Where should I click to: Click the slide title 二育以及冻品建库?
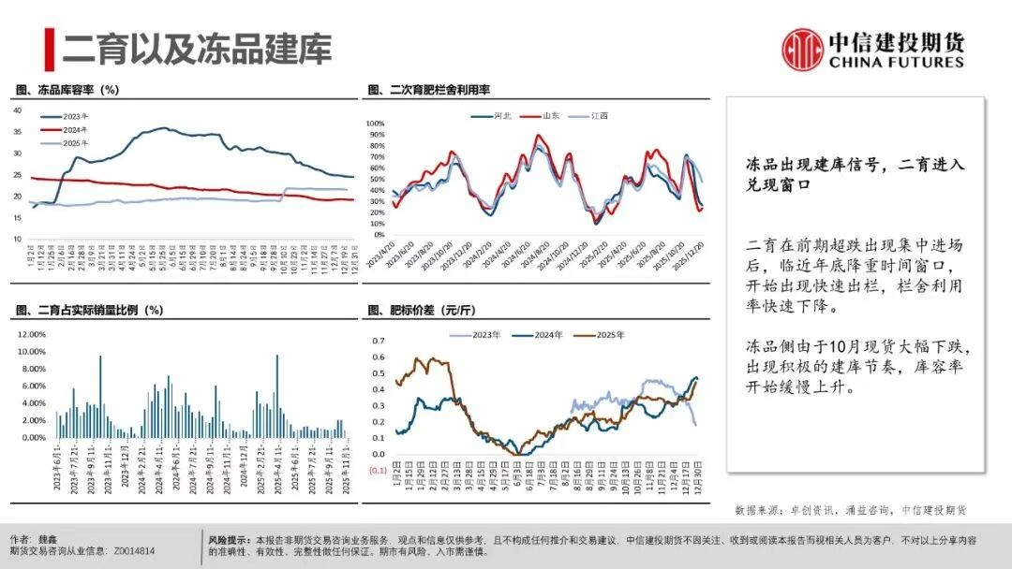coord(197,49)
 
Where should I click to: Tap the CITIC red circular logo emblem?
coord(803,48)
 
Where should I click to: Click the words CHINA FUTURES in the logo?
coord(895,62)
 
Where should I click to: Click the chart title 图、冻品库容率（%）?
coord(67,90)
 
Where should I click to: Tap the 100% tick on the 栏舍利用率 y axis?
coord(374,124)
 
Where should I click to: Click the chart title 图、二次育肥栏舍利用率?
coord(429,90)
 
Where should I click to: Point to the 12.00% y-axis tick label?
coord(31,334)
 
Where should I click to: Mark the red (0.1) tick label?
coord(377,471)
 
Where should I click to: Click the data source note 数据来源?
coord(850,510)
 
